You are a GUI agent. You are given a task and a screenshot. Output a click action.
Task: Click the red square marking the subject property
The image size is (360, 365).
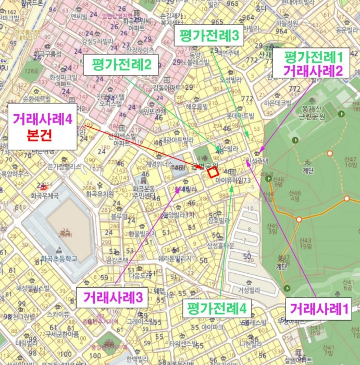click(x=212, y=172)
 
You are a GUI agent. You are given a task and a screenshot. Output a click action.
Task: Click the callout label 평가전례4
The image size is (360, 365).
click(x=217, y=308)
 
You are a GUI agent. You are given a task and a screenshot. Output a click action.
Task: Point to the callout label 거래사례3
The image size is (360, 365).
click(x=113, y=298)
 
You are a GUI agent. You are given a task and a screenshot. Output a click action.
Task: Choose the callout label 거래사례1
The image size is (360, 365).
click(x=318, y=308)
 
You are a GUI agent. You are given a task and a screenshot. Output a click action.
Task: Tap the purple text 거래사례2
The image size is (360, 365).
click(x=313, y=71)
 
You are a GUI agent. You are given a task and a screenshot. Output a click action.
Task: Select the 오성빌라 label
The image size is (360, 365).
click(x=232, y=80)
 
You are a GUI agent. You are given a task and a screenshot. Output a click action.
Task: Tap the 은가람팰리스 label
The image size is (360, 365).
click(x=65, y=166)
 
